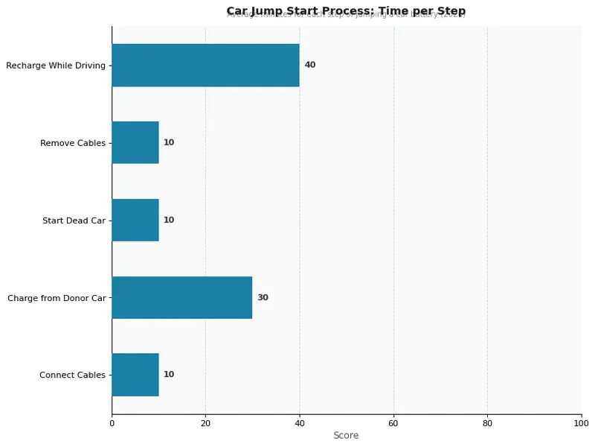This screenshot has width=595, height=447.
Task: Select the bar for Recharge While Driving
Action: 205,65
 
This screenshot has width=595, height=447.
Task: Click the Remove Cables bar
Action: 135,142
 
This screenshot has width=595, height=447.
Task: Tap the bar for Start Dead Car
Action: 135,220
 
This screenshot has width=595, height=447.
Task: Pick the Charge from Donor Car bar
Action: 182,297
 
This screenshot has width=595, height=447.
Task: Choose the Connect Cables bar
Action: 135,375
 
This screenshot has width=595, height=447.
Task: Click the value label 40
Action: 310,65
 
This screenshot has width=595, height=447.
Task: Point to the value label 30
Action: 263,297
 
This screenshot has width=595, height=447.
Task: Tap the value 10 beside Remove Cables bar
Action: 169,142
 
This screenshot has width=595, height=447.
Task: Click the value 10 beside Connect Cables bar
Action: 169,375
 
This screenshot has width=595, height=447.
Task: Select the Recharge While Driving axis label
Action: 56,66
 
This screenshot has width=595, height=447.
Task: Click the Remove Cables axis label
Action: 73,143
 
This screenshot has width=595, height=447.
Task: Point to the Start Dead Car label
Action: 74,221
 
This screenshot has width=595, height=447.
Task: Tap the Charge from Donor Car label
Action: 57,298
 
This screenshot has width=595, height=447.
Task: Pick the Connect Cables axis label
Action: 73,375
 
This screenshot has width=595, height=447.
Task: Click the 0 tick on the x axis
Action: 112,424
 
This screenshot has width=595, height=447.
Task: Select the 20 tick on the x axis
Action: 206,424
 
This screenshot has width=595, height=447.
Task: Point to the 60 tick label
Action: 393,424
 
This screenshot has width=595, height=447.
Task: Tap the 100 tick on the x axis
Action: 581,424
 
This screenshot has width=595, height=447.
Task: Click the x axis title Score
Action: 346,436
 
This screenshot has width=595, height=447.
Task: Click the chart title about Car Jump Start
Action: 346,10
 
